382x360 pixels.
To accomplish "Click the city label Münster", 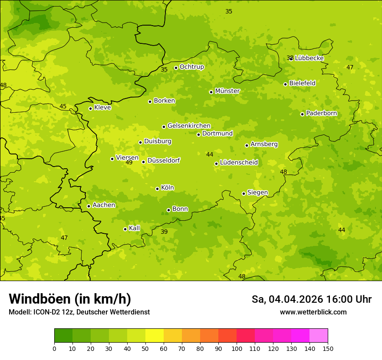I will [227, 91].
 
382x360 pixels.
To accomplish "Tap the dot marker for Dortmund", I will [198, 134].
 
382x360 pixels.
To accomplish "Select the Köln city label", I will [167, 188].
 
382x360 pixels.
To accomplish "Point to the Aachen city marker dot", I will [89, 206].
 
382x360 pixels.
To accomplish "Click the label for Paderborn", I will [321, 113].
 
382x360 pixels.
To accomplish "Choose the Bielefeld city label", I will [302, 83].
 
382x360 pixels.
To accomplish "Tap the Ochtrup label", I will [191, 67].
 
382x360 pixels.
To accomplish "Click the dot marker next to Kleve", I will [90, 108].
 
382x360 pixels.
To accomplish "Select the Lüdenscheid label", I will [239, 163].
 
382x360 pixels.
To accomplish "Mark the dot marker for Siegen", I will [244, 193].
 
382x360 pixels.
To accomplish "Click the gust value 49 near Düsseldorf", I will [129, 163].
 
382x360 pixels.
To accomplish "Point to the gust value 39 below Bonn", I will [164, 232].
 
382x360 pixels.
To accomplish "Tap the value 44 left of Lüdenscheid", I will [210, 155].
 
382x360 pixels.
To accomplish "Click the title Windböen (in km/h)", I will [70, 299].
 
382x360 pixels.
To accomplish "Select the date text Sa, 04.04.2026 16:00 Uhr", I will [311, 299].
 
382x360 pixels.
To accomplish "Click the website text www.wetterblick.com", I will [313, 312].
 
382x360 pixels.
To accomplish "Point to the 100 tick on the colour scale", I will [237, 348].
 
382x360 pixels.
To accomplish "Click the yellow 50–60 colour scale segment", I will [155, 336].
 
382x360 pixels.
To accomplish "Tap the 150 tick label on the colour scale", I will [327, 348].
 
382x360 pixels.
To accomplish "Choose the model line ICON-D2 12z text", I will [79, 312].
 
